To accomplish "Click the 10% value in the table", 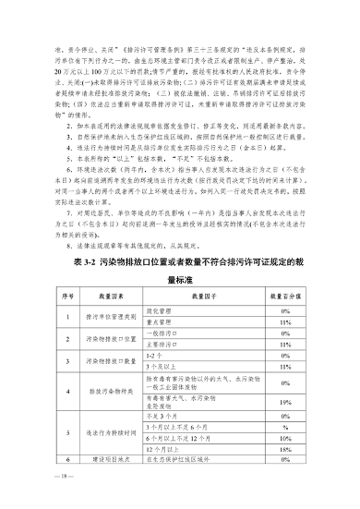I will pos(287,437).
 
